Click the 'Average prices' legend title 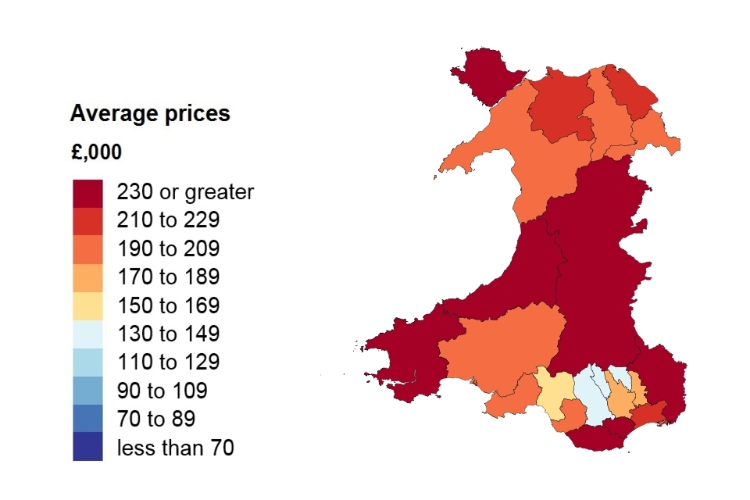(x=150, y=114)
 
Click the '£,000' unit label (x=96, y=152)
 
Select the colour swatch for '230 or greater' (x=87, y=192)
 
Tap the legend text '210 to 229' (x=168, y=220)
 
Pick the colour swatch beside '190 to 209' (x=87, y=249)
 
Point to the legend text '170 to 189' (x=168, y=277)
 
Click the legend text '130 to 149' (x=168, y=334)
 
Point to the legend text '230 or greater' (x=185, y=192)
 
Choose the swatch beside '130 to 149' (x=87, y=334)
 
